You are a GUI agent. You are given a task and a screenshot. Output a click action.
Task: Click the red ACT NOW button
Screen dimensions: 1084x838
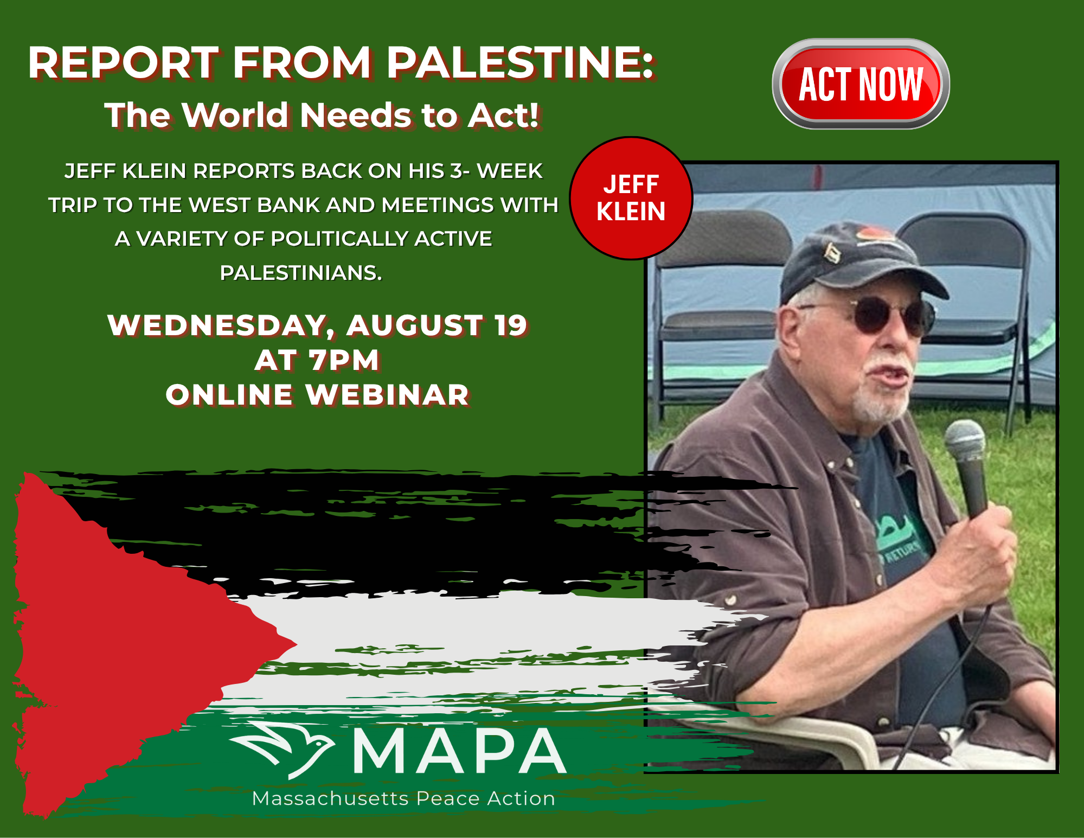(x=861, y=84)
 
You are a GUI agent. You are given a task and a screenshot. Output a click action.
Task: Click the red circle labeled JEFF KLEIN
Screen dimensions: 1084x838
(x=631, y=198)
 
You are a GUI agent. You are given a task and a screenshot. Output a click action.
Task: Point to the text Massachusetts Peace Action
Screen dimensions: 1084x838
(x=404, y=798)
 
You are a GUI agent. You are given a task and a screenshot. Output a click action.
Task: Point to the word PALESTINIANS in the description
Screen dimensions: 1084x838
(x=301, y=273)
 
